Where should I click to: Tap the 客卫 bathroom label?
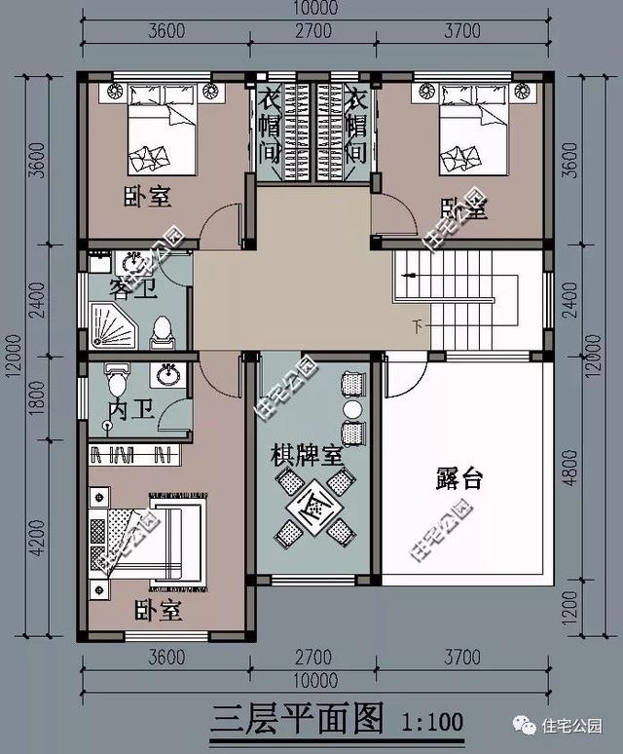pos(133,288)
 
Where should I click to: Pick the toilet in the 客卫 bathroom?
pos(162,332)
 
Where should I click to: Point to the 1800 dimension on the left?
pos(36,399)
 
